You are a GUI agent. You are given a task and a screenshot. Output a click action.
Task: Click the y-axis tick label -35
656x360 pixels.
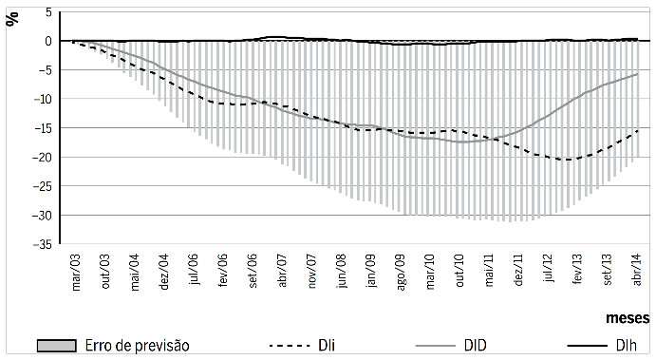pos(42,245)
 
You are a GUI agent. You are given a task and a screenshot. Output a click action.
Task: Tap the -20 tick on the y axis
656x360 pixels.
pos(42,158)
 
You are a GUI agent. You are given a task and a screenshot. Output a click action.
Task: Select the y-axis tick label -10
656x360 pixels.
pos(42,99)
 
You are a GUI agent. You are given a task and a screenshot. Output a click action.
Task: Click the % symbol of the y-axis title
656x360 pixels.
pos(12,18)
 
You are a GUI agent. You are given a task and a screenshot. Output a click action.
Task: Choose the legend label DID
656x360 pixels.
pos(475,347)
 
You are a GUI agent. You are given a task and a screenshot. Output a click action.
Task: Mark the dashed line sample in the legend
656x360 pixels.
pos(291,347)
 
